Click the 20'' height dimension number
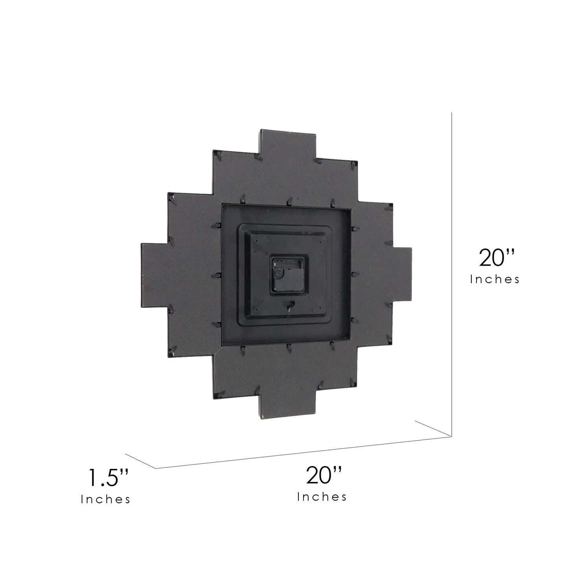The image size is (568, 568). click(497, 258)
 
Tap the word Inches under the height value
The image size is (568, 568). click(495, 279)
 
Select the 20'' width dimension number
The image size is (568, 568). click(324, 475)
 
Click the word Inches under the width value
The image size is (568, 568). click(322, 497)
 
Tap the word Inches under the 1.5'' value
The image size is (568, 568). click(105, 500)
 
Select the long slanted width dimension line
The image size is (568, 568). click(303, 452)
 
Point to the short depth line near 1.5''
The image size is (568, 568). click(140, 461)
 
